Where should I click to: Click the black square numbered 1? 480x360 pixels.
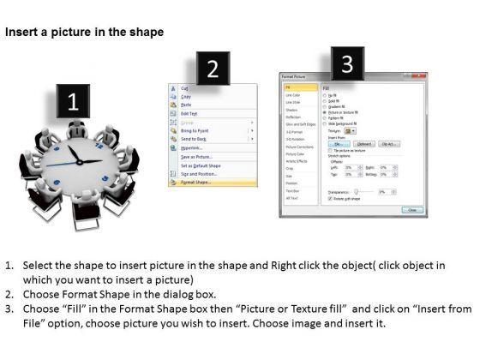[73, 104]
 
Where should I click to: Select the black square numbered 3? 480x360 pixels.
[345, 63]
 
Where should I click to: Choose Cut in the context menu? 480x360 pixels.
[185, 87]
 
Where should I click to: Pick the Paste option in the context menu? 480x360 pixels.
[186, 105]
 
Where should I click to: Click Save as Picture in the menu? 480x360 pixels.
[198, 156]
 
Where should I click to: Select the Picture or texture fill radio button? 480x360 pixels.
[324, 111]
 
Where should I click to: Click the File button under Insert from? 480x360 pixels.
[340, 145]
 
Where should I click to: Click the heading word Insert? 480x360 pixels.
[24, 32]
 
